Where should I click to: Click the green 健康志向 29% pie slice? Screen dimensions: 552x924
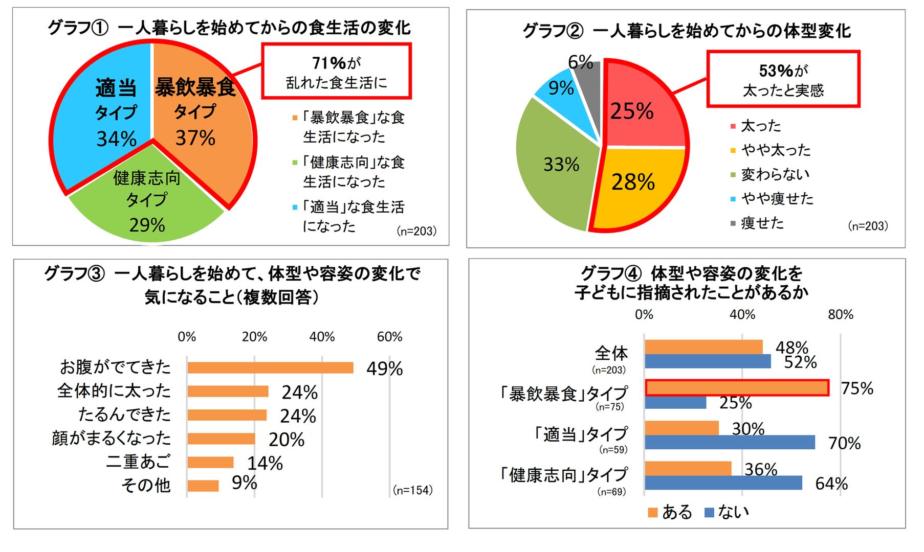[x=146, y=204]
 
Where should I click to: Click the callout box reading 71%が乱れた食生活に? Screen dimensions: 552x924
[x=337, y=71]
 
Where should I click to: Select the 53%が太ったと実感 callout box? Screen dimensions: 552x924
[x=783, y=79]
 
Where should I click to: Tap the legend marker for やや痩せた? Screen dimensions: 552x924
[x=733, y=199]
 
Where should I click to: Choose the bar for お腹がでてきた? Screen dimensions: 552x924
[x=270, y=368]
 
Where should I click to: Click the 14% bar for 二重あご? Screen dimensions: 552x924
[x=210, y=463]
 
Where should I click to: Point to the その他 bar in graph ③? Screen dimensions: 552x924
[x=203, y=486]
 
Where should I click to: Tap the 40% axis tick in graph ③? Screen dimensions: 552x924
[x=322, y=337]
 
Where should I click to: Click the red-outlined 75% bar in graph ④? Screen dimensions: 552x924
[x=737, y=388]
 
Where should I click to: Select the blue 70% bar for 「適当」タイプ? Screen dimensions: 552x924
[x=730, y=443]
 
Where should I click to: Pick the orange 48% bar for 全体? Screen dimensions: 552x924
[x=703, y=347]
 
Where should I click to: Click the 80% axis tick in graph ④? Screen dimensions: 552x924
[x=841, y=315]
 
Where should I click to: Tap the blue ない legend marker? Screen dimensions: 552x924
[x=709, y=513]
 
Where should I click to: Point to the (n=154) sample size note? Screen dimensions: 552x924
[x=413, y=490]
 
